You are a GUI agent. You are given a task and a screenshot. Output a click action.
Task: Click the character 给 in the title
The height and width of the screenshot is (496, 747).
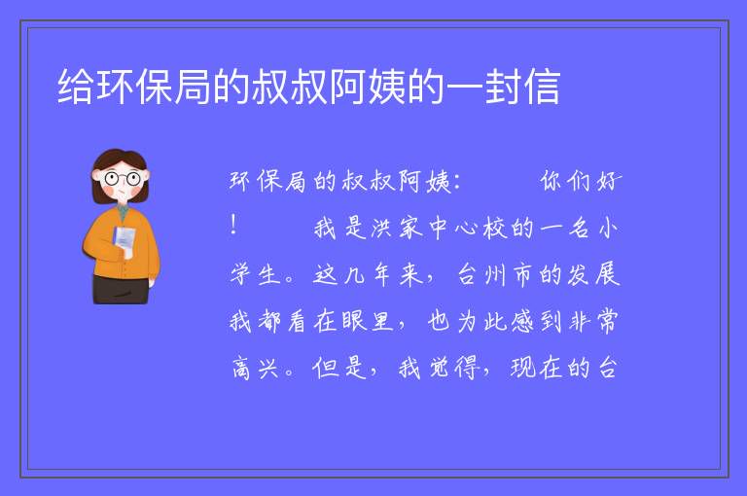tap(76, 87)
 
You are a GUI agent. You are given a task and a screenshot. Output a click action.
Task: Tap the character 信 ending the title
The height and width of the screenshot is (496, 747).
tap(542, 87)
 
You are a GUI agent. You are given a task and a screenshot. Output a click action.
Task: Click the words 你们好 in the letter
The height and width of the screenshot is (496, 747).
tap(582, 182)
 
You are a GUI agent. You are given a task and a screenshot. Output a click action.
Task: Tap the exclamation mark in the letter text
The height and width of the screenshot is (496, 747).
tap(233, 225)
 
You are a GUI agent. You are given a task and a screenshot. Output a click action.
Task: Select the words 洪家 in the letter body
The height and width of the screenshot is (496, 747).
tap(397, 228)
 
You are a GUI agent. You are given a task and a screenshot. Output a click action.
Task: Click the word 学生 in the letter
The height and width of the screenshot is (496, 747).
tap(255, 274)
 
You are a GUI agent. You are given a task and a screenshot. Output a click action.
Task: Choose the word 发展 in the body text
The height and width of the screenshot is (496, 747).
tap(593, 274)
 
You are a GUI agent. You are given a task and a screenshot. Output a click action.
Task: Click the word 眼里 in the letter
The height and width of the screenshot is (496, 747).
tap(368, 321)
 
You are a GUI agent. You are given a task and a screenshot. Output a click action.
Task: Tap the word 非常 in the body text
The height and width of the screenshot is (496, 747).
tap(593, 321)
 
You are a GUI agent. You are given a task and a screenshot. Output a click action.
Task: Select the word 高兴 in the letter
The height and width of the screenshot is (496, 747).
tap(255, 368)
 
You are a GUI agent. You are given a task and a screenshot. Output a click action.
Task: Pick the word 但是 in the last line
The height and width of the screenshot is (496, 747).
tap(339, 368)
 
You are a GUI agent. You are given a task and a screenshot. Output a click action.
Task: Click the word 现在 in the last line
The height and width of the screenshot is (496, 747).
tap(536, 368)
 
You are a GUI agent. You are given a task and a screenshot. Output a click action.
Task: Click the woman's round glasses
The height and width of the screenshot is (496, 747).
tap(122, 179)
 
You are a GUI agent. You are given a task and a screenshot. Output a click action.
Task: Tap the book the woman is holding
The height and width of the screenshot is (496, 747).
tap(124, 239)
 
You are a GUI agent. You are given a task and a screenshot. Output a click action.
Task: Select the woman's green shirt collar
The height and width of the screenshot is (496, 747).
tap(124, 212)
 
